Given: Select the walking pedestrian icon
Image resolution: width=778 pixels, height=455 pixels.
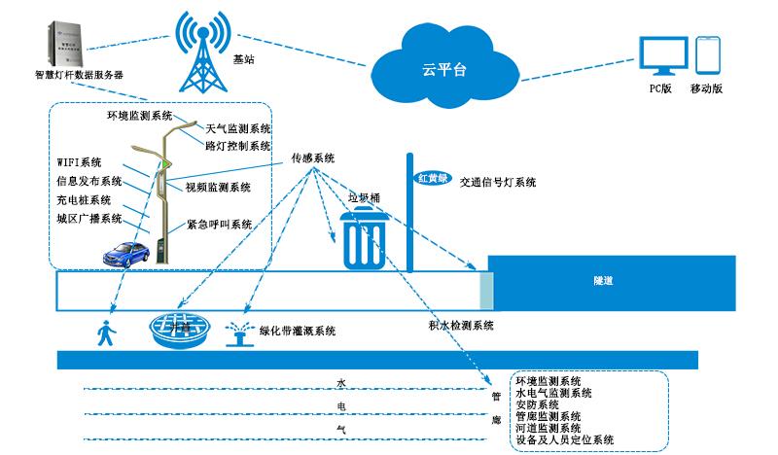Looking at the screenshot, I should point(103,333).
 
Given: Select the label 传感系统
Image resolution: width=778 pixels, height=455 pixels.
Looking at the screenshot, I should point(313,157).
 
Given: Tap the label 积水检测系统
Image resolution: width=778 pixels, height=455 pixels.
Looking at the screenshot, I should point(461,325).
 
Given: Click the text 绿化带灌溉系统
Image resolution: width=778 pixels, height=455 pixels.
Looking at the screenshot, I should point(298,332).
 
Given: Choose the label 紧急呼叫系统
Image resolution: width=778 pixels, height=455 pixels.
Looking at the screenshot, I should point(220,225).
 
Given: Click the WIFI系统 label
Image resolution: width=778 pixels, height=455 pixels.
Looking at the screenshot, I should point(79,162).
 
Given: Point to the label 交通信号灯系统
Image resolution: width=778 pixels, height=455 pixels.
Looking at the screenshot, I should point(496,181).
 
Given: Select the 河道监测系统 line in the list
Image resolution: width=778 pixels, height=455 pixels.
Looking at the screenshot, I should point(548,428).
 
